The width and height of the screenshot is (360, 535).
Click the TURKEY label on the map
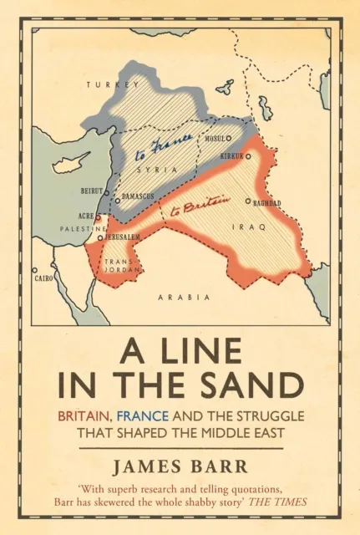coord(107,84)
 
